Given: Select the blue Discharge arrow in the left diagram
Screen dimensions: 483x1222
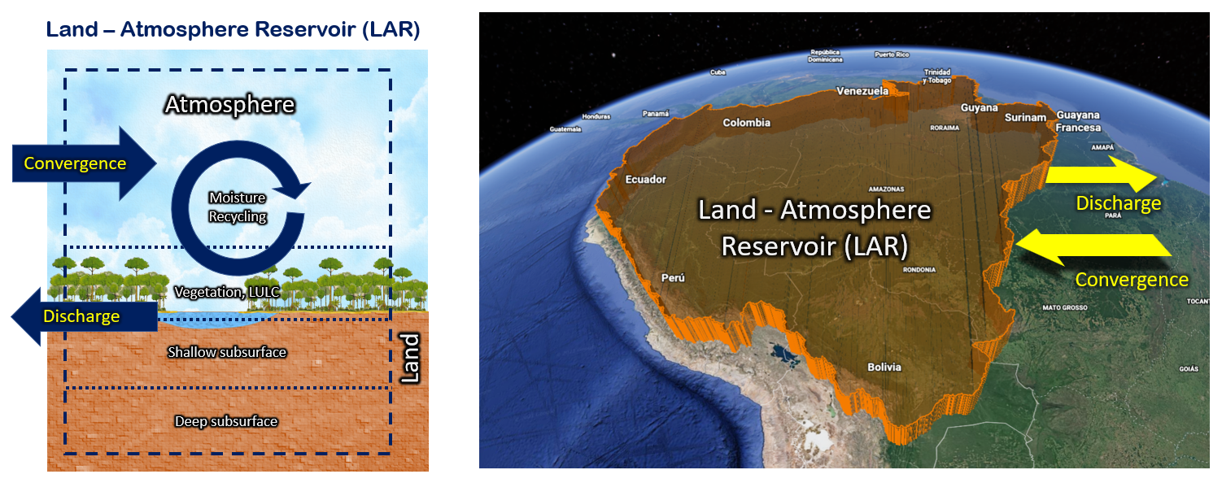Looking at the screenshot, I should pos(81,315).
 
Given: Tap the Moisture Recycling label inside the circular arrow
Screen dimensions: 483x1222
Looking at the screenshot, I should pos(238,207).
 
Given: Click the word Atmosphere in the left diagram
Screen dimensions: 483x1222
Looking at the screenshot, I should pos(229,105).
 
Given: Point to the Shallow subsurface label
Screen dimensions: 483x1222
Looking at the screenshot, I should pos(227,352).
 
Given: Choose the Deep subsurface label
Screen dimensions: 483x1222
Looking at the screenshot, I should pos(226,421).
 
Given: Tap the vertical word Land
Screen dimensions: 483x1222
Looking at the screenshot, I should pos(411,358).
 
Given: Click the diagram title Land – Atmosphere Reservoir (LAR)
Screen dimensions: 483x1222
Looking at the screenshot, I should pos(233,29).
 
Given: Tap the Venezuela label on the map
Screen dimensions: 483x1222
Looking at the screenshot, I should pos(862,91).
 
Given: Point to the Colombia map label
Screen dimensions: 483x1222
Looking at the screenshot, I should pos(746,123).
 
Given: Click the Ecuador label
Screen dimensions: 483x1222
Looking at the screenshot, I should pos(645,179).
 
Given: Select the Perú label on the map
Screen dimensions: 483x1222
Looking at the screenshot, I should pos(673,277).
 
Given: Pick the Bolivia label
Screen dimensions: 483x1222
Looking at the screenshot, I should pos(884,367).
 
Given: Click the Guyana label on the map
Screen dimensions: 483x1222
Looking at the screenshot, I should pos(980,107).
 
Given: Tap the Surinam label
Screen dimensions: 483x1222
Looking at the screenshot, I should pos(1025,118).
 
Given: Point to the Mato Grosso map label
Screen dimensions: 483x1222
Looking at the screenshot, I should pos(1065,307).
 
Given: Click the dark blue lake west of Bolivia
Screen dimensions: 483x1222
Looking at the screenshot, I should pos(784,354).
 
